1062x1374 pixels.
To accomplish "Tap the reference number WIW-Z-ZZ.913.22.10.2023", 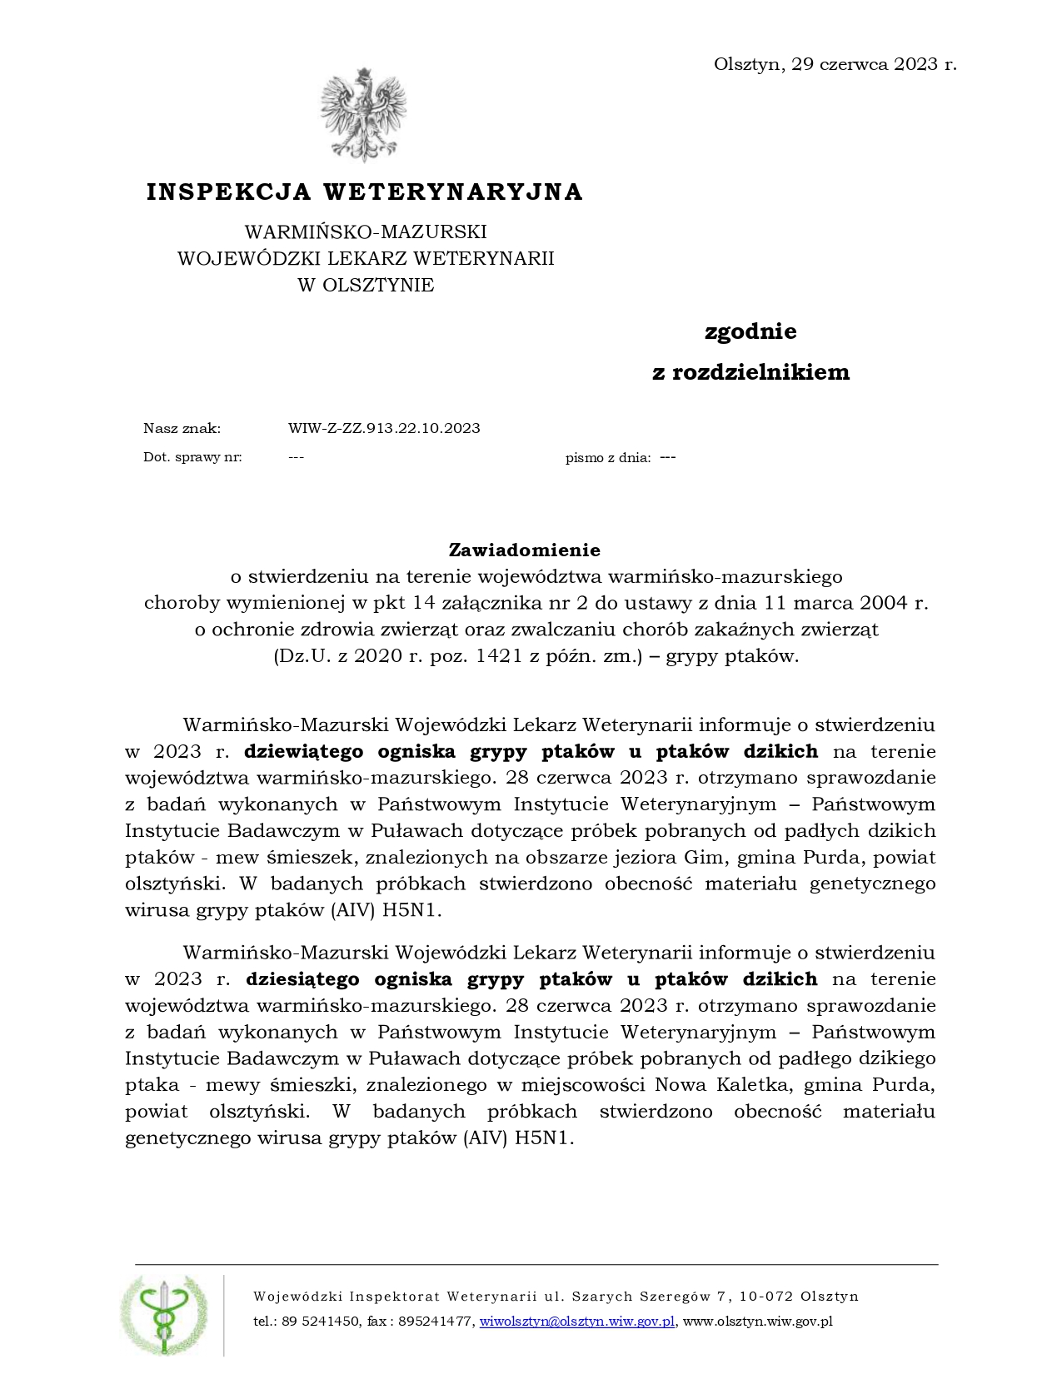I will tap(384, 429).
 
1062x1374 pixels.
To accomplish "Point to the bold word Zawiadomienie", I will tap(524, 550).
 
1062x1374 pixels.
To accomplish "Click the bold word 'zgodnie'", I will tap(750, 332).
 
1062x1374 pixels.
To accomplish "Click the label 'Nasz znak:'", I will tap(182, 429).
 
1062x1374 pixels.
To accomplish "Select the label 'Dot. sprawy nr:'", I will tap(192, 457).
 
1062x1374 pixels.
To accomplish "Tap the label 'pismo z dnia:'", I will tap(608, 457).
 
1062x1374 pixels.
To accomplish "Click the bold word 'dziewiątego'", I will tap(304, 752).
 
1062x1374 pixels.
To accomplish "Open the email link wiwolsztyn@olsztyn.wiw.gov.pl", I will tap(577, 1322).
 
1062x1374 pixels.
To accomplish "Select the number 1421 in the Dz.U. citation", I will tap(499, 656).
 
